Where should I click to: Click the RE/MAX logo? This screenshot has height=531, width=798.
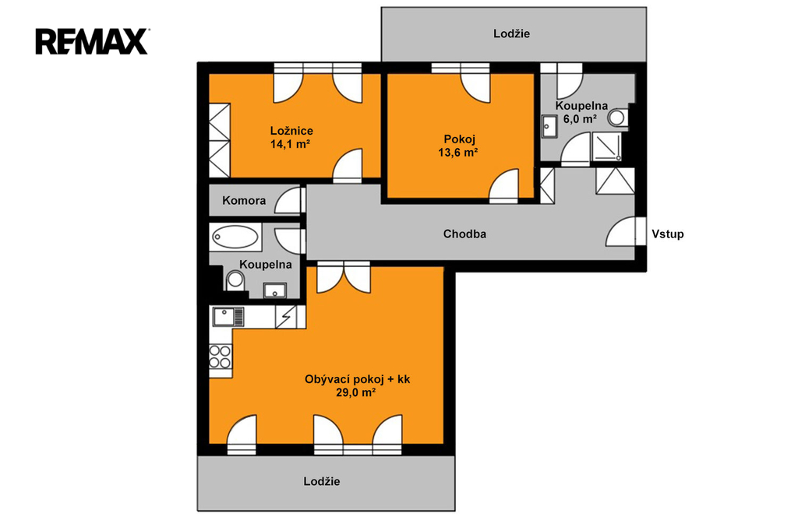click(92, 41)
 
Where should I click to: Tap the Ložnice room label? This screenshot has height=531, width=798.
click(291, 131)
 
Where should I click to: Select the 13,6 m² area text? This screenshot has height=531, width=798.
click(458, 152)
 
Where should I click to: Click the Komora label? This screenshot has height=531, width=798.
click(244, 200)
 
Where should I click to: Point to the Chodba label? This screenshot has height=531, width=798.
click(464, 234)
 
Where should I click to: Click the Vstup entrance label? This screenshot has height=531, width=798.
click(668, 234)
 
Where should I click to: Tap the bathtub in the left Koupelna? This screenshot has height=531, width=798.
click(235, 237)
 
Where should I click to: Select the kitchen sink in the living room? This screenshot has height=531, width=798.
click(228, 317)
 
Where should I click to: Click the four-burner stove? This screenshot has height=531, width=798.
click(221, 356)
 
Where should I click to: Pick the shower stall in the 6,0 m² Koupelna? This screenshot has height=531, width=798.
click(606, 147)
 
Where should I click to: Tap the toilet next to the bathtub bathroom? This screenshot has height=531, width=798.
click(235, 280)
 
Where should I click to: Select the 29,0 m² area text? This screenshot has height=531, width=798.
click(355, 392)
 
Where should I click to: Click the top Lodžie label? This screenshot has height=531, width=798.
click(511, 33)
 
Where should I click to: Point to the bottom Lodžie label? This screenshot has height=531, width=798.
click(322, 481)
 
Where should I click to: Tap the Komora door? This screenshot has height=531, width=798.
click(288, 200)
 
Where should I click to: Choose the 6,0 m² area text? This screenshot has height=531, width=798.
click(580, 119)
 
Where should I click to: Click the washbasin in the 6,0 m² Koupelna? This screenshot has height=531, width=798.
click(549, 126)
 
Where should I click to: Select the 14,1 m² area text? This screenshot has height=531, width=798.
click(290, 144)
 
